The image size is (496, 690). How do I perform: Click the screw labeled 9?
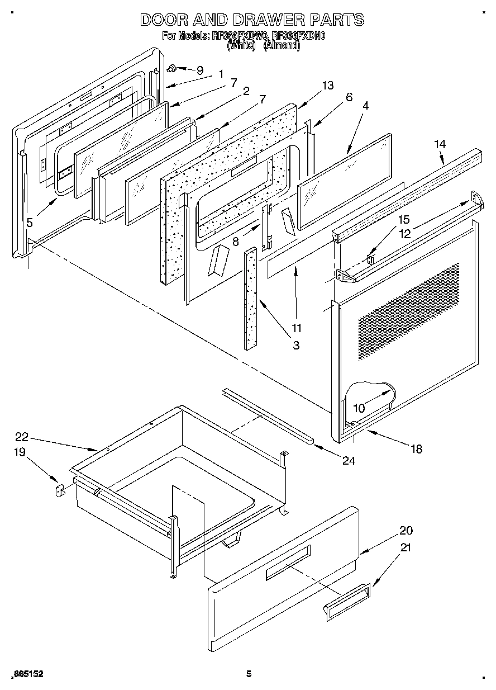pyautogui.click(x=173, y=68)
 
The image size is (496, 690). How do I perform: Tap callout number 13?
pyautogui.click(x=327, y=85)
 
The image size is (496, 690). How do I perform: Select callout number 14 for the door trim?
pyautogui.click(x=440, y=144)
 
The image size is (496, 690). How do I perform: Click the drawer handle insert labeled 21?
pyautogui.click(x=346, y=601)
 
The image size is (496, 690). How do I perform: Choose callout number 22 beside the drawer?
pyautogui.click(x=22, y=438)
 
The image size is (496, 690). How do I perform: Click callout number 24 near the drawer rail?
pyautogui.click(x=349, y=461)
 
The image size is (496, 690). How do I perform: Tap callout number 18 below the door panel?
pyautogui.click(x=416, y=448)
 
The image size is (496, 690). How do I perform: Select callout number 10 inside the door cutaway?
pyautogui.click(x=359, y=408)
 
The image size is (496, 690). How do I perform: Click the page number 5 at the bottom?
pyautogui.click(x=249, y=674)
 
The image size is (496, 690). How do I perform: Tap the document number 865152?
pyautogui.click(x=27, y=674)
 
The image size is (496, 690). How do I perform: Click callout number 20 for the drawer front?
pyautogui.click(x=406, y=531)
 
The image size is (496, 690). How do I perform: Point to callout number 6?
pyautogui.click(x=349, y=97)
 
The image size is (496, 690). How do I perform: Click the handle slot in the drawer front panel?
pyautogui.click(x=287, y=563)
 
